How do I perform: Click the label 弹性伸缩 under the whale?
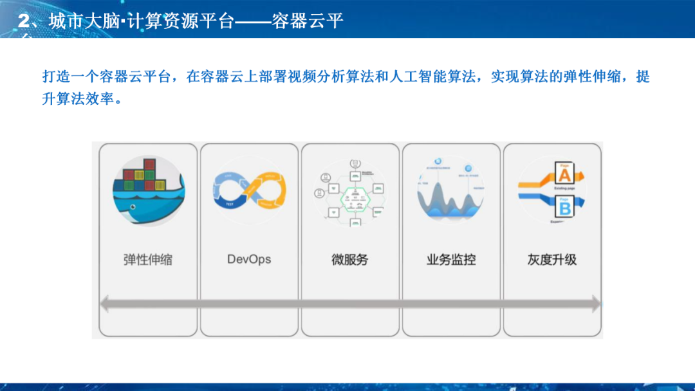point(148,260)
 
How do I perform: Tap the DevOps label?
point(249,260)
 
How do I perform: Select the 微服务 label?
point(349,260)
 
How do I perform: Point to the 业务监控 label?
point(450,260)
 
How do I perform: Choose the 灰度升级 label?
point(551,260)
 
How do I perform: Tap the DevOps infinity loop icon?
point(249,190)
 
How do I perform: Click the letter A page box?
point(564,175)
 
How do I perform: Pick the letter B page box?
point(564,208)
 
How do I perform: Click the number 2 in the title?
point(24,21)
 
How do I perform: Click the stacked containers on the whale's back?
point(142,177)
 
